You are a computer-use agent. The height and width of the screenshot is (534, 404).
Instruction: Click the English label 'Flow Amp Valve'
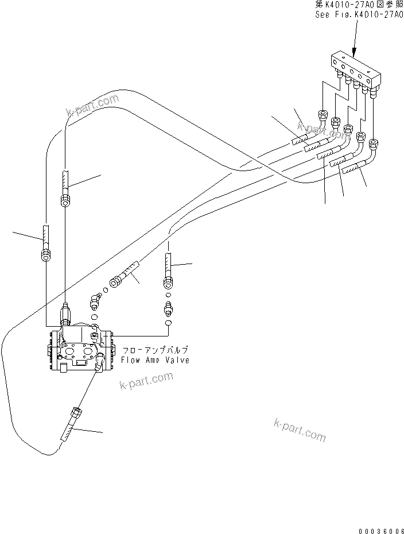155,360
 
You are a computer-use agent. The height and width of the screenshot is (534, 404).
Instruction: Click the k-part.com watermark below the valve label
146,380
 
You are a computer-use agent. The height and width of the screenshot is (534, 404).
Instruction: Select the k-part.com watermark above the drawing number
300,430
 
